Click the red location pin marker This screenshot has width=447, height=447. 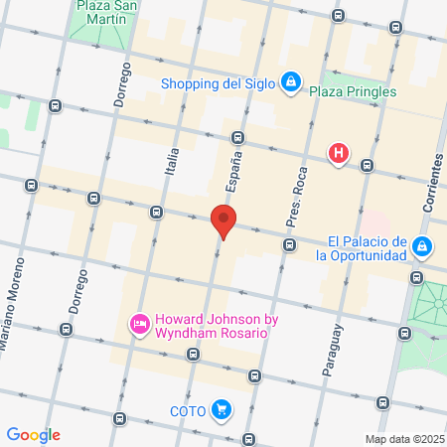coord(223,221)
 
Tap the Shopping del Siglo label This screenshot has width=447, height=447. coord(218,83)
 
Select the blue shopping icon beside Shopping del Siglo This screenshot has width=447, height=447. coord(290,81)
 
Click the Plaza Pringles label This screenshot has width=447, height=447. coord(353,91)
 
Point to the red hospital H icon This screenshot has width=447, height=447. coord(340,153)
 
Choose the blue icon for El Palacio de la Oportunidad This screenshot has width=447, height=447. coord(423,245)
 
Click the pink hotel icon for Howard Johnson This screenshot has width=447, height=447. coord(140,324)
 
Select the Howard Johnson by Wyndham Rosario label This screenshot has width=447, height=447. coord(211,325)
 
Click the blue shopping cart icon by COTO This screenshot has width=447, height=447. coord(221,408)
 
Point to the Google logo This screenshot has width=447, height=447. coord(33,435)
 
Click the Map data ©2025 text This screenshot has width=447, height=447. coord(404,439)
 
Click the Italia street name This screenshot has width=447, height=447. coord(171,160)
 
